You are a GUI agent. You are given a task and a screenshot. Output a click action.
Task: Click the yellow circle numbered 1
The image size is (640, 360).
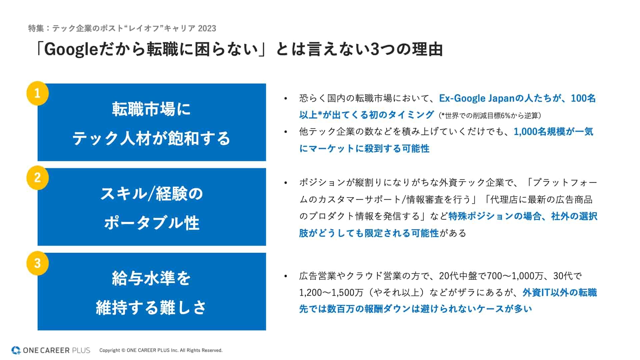[38, 93]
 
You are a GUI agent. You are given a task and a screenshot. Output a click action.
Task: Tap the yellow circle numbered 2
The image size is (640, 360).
[38, 178]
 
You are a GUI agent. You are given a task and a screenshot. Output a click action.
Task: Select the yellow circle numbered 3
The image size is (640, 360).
[38, 263]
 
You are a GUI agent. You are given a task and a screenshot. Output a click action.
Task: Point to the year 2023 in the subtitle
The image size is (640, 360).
[207, 28]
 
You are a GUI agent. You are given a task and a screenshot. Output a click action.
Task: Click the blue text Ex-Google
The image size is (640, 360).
[462, 98]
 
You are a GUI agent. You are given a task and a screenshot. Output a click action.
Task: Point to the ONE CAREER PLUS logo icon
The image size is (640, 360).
[16, 350]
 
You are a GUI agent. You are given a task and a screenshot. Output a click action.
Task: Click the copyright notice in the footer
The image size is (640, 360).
[161, 350]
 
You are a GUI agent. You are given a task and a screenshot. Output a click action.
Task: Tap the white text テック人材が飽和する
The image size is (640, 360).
[152, 138]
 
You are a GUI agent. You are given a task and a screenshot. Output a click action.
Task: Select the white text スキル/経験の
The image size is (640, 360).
[152, 194]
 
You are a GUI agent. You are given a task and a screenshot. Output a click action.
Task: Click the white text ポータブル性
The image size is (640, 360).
[152, 223]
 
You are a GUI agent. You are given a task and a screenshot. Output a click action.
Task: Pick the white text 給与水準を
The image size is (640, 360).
[152, 278]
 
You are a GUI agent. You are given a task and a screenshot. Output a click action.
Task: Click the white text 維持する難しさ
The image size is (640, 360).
[152, 307]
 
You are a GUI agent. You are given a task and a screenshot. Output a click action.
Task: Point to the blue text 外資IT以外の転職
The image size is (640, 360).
[560, 293]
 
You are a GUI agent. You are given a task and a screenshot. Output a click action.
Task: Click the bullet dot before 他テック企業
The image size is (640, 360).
[286, 132]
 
